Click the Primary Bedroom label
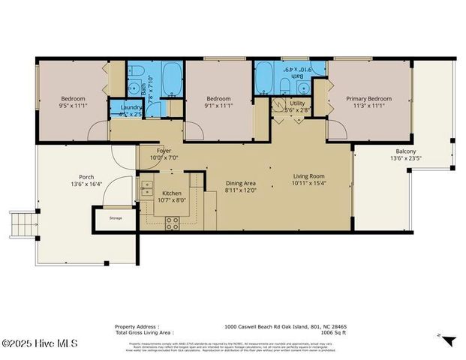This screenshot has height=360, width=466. [x=368, y=98]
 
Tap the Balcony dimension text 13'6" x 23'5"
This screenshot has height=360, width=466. [x=401, y=158]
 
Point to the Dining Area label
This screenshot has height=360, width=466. [x=240, y=183]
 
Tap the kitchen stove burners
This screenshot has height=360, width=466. [x=173, y=222]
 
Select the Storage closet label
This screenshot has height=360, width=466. [x=115, y=218]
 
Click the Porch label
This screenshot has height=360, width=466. [x=86, y=177]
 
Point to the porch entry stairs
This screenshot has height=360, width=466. [x=23, y=223]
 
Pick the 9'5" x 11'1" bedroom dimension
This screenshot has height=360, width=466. [x=74, y=106]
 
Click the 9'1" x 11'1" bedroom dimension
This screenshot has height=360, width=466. [x=218, y=106]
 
